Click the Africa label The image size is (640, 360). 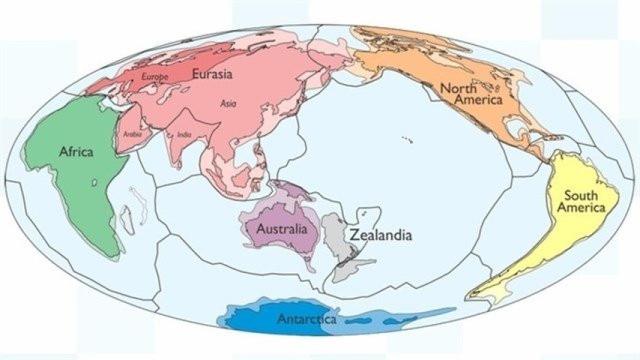(x=76, y=152)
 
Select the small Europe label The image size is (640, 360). (x=155, y=75)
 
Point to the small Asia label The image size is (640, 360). (x=228, y=102)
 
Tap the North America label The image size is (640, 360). (x=470, y=93)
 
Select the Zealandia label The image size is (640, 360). (x=381, y=236)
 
